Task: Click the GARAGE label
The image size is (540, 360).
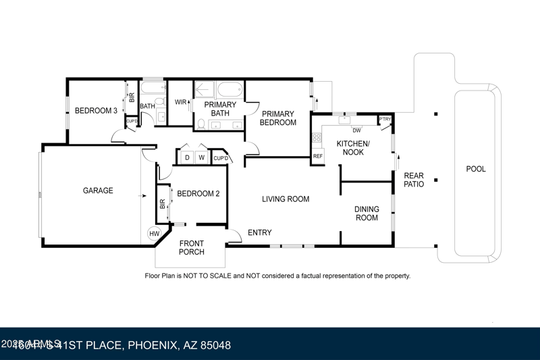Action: click(x=98, y=191)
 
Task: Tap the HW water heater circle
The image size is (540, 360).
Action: click(x=154, y=234)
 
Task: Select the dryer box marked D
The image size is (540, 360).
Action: click(x=187, y=158)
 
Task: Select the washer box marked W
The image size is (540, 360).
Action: click(x=201, y=158)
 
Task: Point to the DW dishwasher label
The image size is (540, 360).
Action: click(x=357, y=130)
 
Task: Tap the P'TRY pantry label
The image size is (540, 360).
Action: click(x=385, y=120)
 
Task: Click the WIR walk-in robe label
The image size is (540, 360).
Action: click(x=180, y=103)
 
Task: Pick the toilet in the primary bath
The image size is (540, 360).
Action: click(x=200, y=124)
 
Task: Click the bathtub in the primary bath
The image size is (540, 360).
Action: click(x=229, y=90)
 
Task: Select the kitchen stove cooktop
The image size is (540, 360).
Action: click(x=317, y=139)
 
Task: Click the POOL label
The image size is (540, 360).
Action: click(x=476, y=169)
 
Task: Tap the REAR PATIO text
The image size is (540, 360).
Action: click(x=414, y=180)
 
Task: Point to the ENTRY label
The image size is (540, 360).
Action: click(x=260, y=233)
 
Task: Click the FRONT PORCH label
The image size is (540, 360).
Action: click(x=192, y=248)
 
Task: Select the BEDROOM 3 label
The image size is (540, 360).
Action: click(x=96, y=111)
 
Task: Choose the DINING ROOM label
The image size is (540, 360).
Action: click(x=367, y=213)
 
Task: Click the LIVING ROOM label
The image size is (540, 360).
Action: click(x=286, y=199)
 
